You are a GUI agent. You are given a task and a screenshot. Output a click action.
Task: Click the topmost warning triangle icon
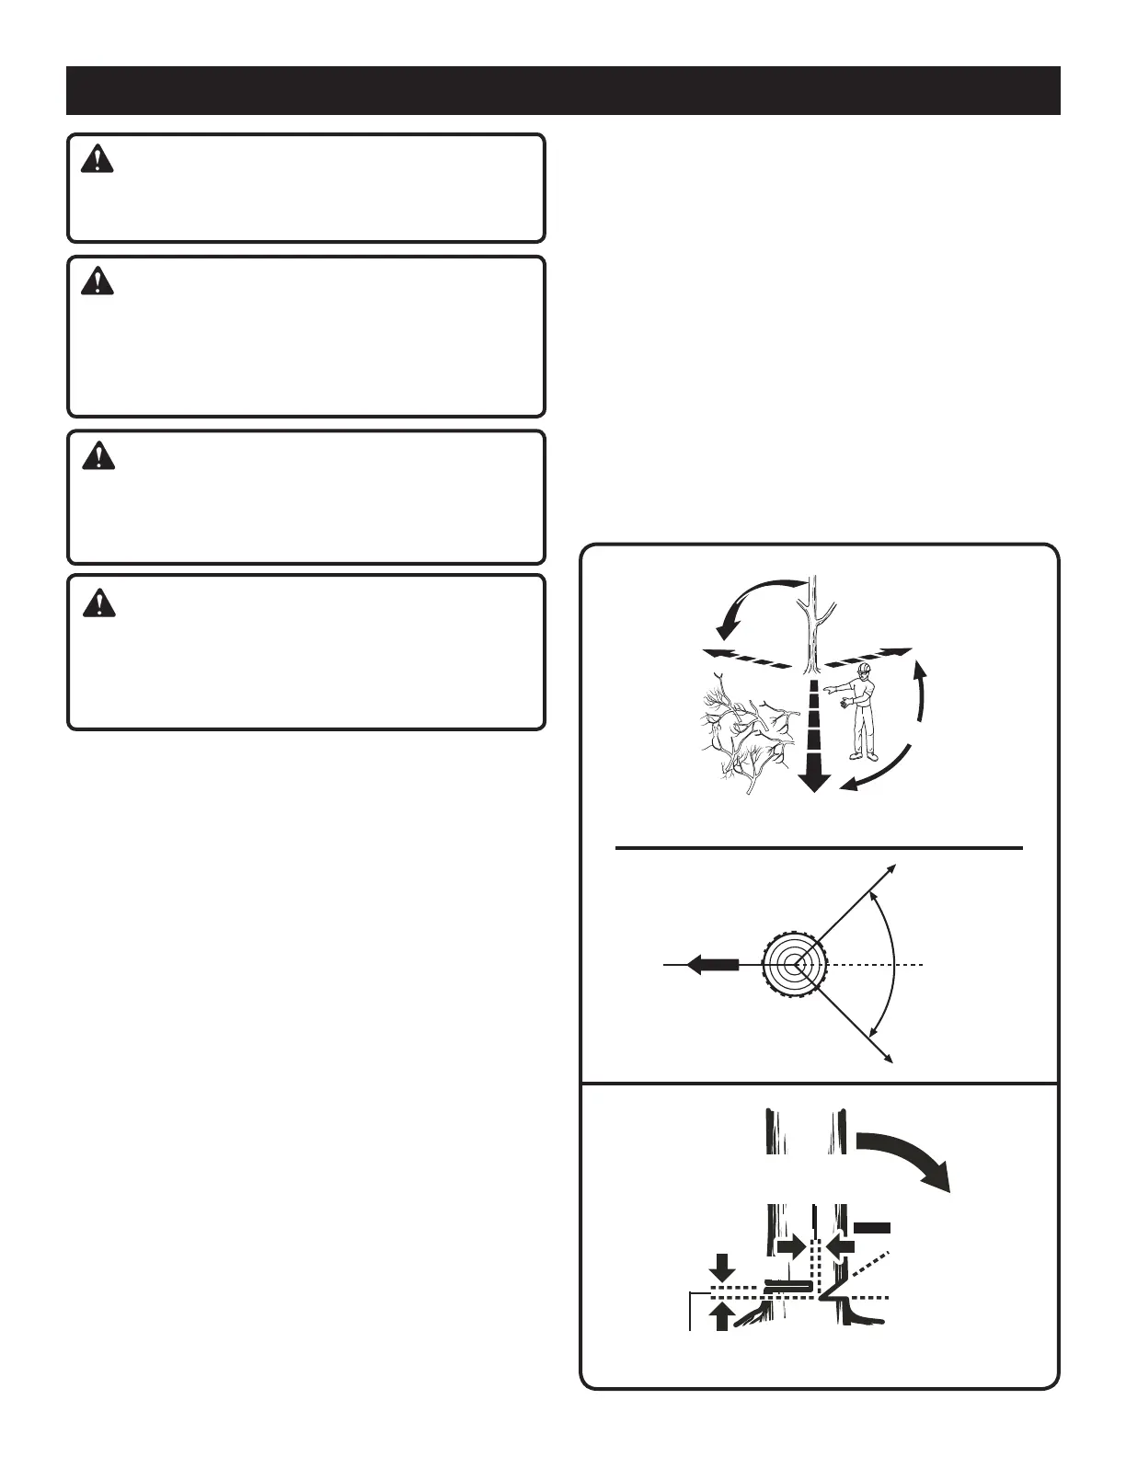(x=97, y=159)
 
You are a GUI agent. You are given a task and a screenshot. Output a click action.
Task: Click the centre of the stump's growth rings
(x=795, y=965)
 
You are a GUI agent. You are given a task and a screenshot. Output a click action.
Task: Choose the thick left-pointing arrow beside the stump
(x=713, y=965)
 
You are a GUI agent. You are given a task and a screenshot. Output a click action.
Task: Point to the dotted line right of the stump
(x=874, y=965)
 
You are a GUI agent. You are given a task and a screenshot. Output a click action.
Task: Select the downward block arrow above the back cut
(x=722, y=1267)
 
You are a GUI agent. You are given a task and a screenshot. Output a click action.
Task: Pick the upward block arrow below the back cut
(x=722, y=1317)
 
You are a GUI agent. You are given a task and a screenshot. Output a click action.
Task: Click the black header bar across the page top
(x=563, y=90)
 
